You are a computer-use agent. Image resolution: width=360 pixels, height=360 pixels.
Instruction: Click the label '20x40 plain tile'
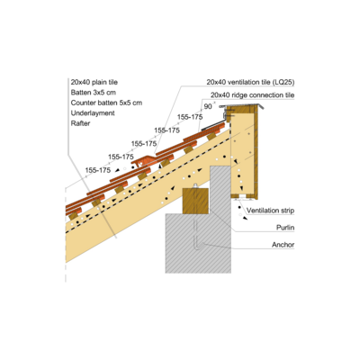[x=94, y=82]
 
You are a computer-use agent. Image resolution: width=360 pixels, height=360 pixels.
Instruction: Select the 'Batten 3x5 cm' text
[x=94, y=93]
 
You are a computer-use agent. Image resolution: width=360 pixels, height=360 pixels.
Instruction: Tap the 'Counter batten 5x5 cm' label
[x=106, y=103]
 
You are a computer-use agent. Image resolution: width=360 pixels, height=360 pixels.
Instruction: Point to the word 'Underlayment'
[x=93, y=113]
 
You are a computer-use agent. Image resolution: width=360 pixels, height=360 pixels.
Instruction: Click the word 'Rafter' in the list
[x=80, y=123]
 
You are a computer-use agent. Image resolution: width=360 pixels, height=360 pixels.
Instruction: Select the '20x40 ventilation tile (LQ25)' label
[x=250, y=82]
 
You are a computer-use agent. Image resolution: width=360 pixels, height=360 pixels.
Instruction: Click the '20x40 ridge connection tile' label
[x=253, y=95]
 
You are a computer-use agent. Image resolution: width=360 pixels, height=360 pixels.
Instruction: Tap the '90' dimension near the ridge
[x=208, y=106]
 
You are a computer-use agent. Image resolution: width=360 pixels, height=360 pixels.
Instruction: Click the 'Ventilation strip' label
[x=270, y=211]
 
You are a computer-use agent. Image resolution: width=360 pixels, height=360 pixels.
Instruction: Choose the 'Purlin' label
[x=285, y=228]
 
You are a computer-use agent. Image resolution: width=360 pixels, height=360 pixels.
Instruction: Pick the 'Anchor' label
[x=283, y=245]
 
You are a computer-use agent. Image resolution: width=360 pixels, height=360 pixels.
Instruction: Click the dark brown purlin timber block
[x=195, y=201]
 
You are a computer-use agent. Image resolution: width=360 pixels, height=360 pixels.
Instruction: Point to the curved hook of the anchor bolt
[x=199, y=245]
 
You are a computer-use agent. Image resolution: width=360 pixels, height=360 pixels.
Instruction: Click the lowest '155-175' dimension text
[x=98, y=170]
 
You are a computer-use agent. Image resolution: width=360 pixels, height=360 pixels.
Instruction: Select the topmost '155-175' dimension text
[x=190, y=117]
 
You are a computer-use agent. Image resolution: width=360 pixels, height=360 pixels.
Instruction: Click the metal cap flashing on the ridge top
[x=242, y=106]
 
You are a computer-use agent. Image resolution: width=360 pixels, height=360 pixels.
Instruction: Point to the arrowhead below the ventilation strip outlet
[x=246, y=218]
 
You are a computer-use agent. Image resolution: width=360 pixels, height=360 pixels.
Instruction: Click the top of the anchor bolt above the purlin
[x=195, y=185]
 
